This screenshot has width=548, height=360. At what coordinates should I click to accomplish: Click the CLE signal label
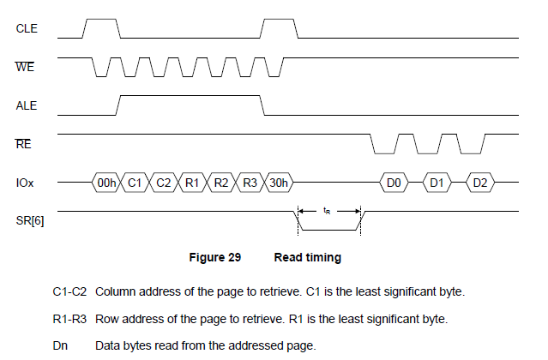point(27,28)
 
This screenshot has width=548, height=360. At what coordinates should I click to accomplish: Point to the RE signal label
point(24,145)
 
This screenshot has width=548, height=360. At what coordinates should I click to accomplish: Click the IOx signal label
point(26,183)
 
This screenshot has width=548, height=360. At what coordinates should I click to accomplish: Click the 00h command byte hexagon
point(107,183)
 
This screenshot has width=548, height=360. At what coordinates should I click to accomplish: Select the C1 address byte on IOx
point(135,183)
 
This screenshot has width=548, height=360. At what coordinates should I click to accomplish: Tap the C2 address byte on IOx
point(164,183)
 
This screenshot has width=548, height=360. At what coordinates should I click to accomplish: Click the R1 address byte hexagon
point(192,183)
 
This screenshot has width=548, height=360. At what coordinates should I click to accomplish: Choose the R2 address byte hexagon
point(221,183)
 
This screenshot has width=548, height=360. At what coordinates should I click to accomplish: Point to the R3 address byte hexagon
point(250,183)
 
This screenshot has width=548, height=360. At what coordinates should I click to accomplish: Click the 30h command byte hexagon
point(279,183)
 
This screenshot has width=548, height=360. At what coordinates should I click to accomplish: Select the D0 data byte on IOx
point(394,183)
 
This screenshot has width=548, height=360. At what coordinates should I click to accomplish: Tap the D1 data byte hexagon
point(437,183)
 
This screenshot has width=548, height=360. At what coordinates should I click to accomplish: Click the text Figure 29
point(214,257)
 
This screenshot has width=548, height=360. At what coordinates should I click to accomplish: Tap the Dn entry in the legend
point(60,345)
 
